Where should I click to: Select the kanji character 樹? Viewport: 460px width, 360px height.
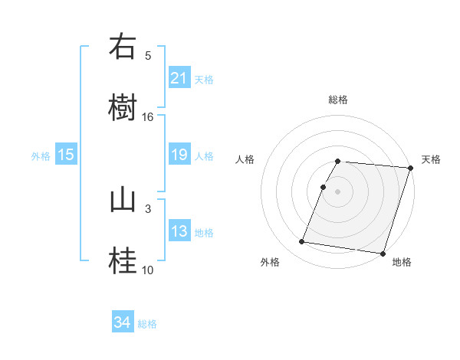pos(123,106)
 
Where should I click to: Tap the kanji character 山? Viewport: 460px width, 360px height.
pos(123,199)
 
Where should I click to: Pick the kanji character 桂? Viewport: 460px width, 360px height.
pos(123,260)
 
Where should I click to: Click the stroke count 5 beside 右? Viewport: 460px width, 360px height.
pos(148,55)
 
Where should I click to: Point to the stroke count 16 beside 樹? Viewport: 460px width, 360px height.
pos(148,116)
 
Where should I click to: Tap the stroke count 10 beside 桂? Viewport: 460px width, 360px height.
pos(148,270)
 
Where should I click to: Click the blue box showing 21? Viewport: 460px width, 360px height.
pos(179,78)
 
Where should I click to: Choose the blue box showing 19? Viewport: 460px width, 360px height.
pos(179,155)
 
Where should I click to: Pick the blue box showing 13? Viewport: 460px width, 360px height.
pos(179,231)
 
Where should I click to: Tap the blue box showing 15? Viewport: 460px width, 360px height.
pos(66,155)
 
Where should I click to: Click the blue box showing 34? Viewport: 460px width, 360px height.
pos(123,323)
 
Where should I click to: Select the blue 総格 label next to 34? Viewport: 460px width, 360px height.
pos(147,324)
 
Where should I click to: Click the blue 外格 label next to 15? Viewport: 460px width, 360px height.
pos(41,155)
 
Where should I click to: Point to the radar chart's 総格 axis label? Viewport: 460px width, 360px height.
pos(338,100)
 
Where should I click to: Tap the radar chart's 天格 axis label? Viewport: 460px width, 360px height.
pos(431,159)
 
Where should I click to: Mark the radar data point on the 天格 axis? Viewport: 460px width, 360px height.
pos(410,168)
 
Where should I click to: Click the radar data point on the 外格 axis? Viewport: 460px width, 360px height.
pos(302,242)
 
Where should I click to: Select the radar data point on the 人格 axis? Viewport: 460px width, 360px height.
pos(323,187)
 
